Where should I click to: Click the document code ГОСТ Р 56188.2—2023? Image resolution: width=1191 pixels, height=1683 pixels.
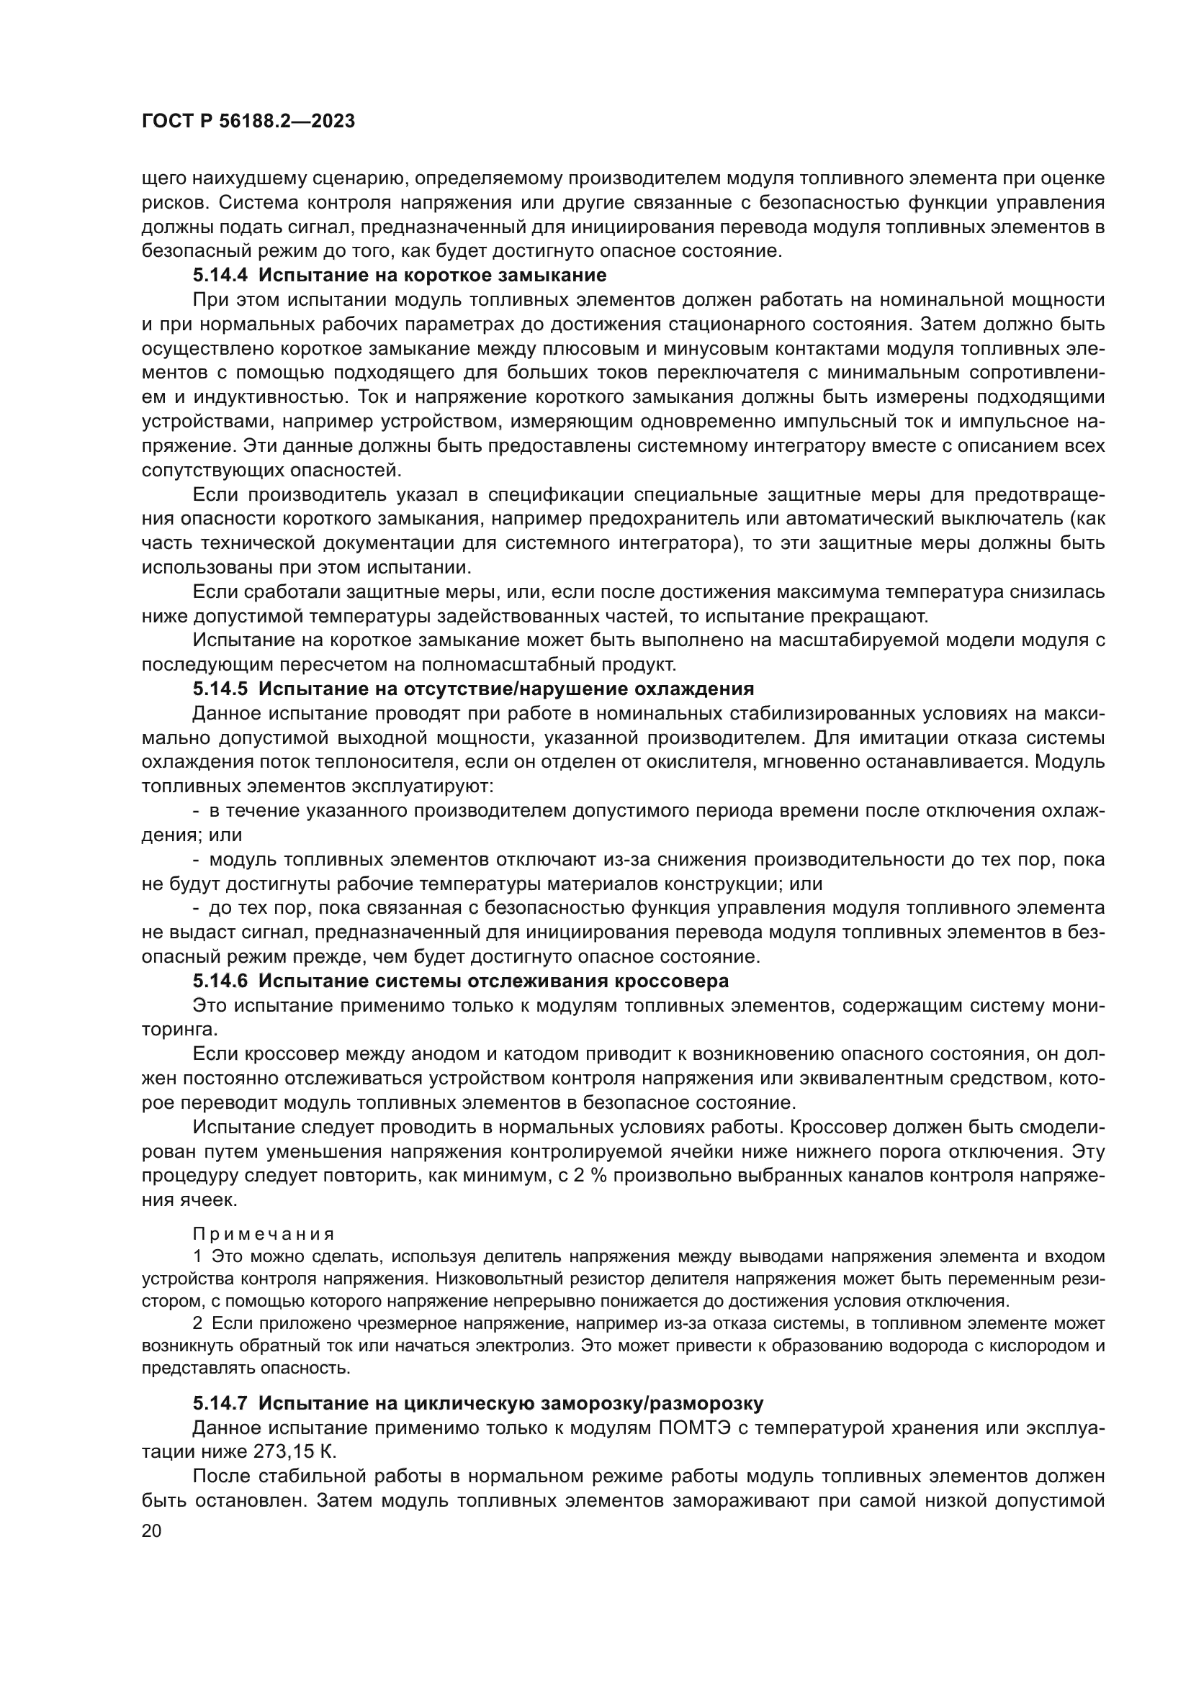coord(248,122)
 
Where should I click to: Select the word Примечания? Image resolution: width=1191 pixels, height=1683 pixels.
coord(264,1235)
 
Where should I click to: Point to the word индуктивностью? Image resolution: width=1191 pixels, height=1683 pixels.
coord(261,397)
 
